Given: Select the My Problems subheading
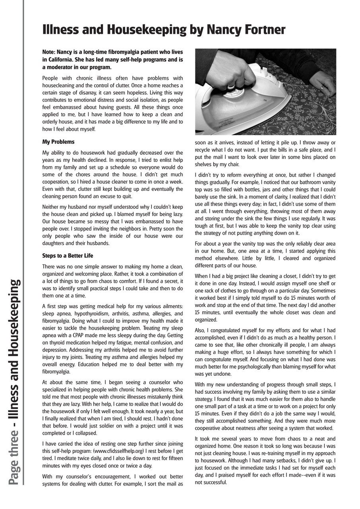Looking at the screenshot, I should [58, 142].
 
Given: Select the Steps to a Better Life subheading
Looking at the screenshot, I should [68, 255].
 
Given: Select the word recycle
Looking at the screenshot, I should [204, 150].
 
